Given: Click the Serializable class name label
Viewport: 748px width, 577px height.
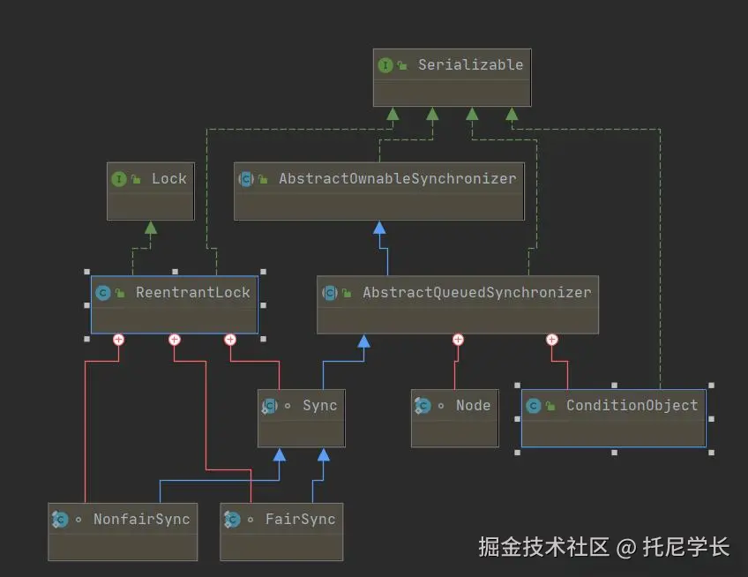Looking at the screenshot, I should tap(470, 64).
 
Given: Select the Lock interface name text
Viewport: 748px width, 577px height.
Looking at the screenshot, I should tap(168, 178).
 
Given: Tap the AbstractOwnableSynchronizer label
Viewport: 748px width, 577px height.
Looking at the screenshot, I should tap(397, 178).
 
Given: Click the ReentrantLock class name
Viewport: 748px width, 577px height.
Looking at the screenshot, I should tap(192, 292).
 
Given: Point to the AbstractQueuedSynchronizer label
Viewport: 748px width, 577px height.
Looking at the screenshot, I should tap(476, 292).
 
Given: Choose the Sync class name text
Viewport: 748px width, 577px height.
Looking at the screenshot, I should tap(319, 405).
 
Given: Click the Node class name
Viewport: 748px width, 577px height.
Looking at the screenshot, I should tap(473, 405).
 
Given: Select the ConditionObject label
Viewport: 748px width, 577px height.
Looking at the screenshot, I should tap(632, 405).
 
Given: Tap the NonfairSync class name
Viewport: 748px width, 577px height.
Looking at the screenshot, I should tap(141, 519).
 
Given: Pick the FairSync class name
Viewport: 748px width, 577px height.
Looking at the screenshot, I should tap(300, 519).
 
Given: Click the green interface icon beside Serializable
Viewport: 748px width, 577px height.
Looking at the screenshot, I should tap(385, 65).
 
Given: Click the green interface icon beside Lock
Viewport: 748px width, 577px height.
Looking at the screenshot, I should tap(118, 179).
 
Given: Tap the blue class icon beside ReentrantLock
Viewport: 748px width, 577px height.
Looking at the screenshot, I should tap(102, 293).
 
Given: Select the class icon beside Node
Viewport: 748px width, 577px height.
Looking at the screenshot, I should tap(423, 406).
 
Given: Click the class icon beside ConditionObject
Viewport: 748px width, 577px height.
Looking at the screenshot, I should tap(533, 406).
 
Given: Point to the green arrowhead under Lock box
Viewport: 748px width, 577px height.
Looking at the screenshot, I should tap(151, 228).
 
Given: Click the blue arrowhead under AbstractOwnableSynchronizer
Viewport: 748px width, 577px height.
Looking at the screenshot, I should tap(379, 228).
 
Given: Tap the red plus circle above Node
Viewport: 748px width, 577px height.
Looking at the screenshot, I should tap(458, 340).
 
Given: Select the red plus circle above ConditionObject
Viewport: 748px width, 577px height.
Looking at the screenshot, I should tap(552, 340).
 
